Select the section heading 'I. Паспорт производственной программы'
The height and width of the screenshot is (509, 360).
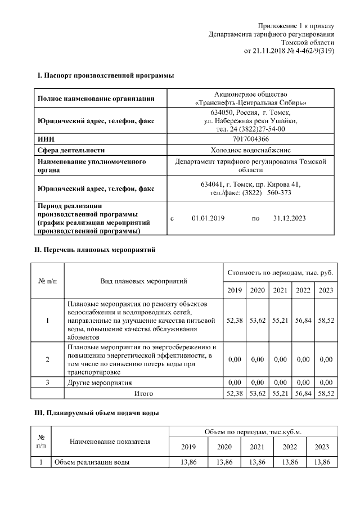tap(105, 75)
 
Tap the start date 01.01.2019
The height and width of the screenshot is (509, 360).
tap(208, 218)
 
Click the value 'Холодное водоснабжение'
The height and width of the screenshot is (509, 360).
tap(251, 150)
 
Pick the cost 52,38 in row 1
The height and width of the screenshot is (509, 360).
tap(234, 320)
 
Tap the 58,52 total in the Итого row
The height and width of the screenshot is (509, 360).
tap(326, 394)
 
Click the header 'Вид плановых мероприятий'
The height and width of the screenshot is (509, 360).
tap(143, 281)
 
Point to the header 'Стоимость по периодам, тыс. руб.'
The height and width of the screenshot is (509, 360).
tap(280, 272)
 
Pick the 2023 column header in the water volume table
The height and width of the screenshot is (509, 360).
tap(321, 447)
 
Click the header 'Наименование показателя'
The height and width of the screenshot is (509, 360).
tap(110, 442)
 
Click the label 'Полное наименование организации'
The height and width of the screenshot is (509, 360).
tap(96, 99)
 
